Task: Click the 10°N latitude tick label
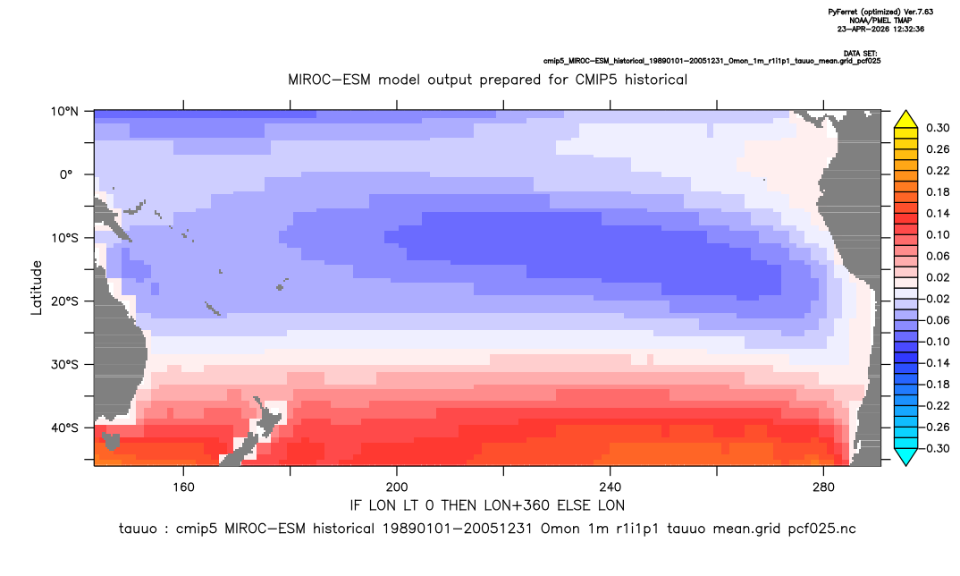click(64, 112)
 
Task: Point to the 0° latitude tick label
click(66, 174)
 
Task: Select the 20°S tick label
click(64, 301)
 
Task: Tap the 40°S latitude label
click(64, 428)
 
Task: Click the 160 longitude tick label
click(183, 487)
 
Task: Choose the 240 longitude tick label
click(611, 487)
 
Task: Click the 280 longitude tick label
click(823, 487)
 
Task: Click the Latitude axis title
click(37, 288)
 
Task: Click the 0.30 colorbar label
click(938, 128)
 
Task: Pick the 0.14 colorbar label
click(938, 213)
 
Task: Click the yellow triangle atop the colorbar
click(905, 120)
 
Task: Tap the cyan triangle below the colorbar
click(905, 457)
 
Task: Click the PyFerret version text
click(880, 12)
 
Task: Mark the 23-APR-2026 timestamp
click(880, 29)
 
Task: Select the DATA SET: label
click(860, 54)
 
